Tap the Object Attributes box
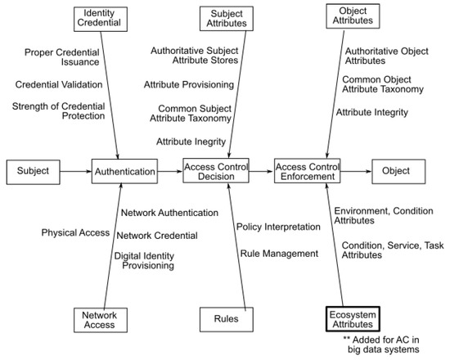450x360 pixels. [354, 19]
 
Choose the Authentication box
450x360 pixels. [124, 173]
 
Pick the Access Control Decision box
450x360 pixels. [214, 173]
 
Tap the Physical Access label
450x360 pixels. [75, 233]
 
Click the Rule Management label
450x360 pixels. [278, 254]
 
